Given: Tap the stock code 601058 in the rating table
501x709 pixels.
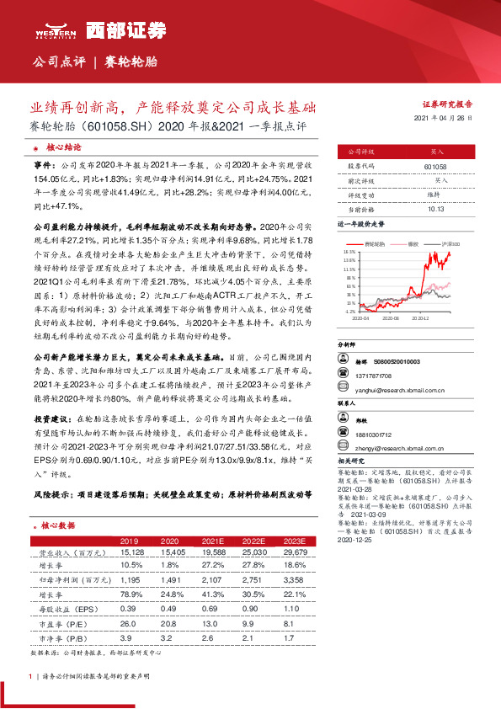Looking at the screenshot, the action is click(435, 168).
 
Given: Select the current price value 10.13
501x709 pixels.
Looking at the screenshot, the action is click(435, 208).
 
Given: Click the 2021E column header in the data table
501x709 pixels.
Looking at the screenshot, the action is click(207, 541).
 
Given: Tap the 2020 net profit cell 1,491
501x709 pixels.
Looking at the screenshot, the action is click(169, 579).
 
